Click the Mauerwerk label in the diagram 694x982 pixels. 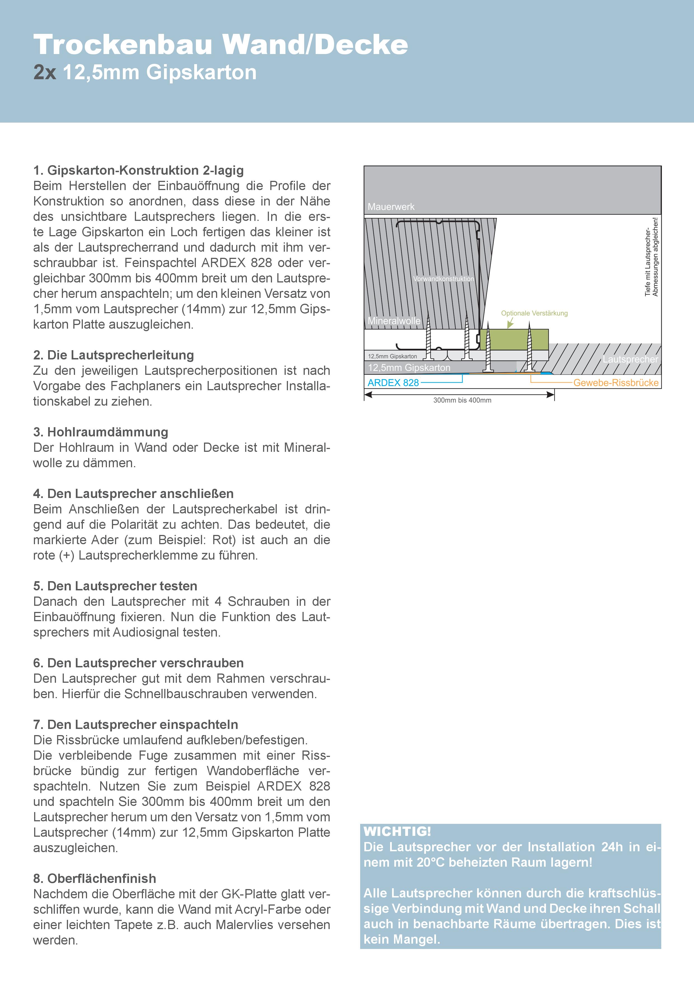click(x=391, y=207)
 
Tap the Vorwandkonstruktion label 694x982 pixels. click(x=444, y=279)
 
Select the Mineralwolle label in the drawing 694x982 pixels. click(x=394, y=321)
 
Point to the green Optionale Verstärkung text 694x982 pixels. click(x=534, y=313)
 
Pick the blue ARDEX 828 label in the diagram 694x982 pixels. click(x=393, y=383)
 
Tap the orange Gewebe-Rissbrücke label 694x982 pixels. click(x=615, y=383)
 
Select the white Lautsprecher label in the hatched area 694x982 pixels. click(x=630, y=359)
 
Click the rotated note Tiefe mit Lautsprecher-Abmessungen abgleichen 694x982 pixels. click(x=651, y=257)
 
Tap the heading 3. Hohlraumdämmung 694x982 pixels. click(x=100, y=432)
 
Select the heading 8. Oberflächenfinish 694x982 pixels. click(x=95, y=878)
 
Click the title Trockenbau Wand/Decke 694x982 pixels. click(x=220, y=45)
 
